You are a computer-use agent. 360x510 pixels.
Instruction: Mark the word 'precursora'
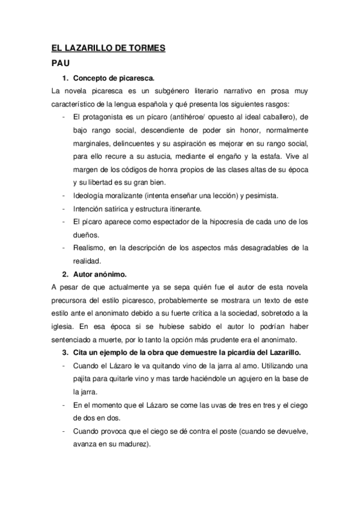71,300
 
